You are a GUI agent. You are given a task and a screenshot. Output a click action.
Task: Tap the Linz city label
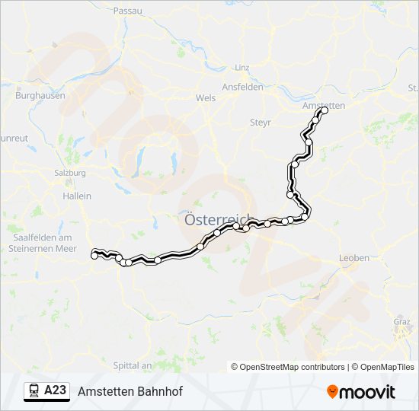242,68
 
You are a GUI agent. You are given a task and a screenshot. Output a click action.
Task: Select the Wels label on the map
206,98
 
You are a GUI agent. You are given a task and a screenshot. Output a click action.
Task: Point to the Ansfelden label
241,87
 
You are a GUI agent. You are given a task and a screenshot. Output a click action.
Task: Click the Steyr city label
261,122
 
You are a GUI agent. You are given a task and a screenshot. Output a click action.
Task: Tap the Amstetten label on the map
324,104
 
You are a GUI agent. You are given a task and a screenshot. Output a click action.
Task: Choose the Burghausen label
40,96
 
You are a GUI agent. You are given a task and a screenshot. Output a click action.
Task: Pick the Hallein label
76,196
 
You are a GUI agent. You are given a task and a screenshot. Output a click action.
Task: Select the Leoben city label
354,258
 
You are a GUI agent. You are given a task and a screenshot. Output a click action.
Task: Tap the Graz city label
401,320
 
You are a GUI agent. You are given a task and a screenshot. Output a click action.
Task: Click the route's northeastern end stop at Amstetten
324,110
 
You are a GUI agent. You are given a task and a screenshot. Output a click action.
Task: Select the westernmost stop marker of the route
94,256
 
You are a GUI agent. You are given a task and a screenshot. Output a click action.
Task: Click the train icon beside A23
35,390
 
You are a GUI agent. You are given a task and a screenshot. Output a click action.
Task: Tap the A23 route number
56,390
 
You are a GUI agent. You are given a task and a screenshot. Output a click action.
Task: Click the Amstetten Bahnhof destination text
130,390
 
